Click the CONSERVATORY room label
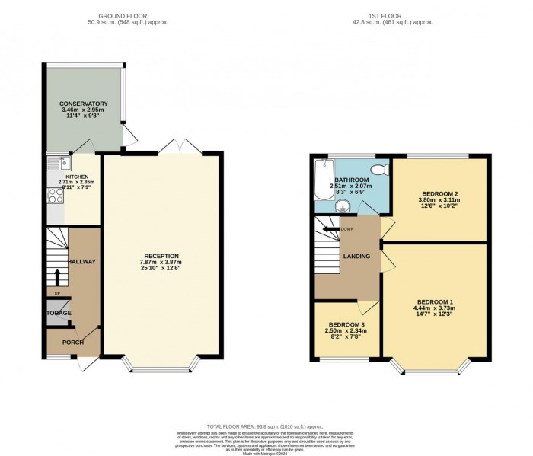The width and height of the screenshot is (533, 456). point(84,104)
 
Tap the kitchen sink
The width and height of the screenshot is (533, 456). point(65,163)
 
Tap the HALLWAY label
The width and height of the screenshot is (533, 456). point(81,262)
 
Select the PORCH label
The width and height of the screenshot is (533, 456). point(73,343)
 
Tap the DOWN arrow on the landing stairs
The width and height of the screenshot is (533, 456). point(332,228)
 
